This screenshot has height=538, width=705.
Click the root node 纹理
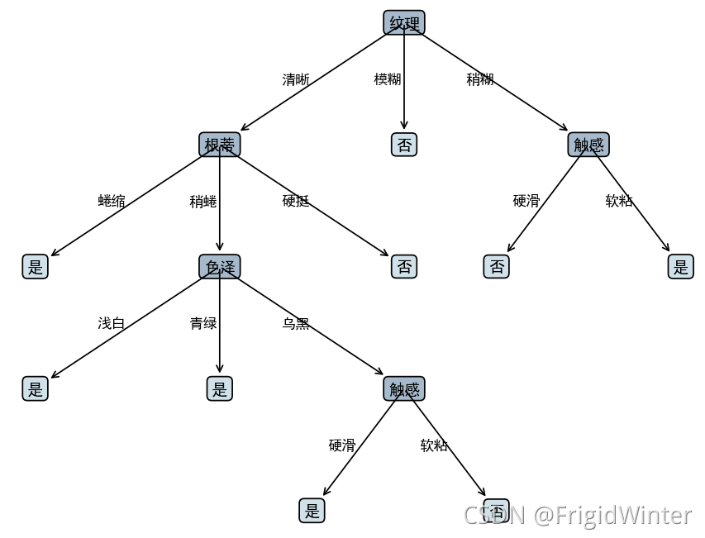(x=404, y=23)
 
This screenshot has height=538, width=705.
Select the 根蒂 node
(x=220, y=145)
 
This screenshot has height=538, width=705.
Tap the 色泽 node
(x=220, y=267)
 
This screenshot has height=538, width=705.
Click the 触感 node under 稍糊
(x=588, y=145)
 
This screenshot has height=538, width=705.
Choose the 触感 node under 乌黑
(x=404, y=389)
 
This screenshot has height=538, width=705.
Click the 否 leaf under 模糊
(x=404, y=145)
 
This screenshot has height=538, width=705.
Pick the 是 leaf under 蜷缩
(x=35, y=267)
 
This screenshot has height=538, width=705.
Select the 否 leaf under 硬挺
(x=404, y=267)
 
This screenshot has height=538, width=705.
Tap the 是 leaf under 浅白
(x=35, y=389)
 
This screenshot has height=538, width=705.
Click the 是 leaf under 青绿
(x=220, y=389)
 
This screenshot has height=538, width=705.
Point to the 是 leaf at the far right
(x=680, y=267)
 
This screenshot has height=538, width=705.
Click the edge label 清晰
(x=296, y=80)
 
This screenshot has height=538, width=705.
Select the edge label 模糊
(x=388, y=79)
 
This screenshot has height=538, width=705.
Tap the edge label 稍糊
(x=480, y=79)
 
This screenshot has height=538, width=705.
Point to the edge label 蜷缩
(x=112, y=201)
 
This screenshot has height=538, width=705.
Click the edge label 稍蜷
(x=203, y=202)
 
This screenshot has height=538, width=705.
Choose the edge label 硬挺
(x=296, y=201)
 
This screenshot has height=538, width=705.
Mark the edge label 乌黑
(x=296, y=324)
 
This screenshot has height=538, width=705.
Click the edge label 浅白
(x=112, y=323)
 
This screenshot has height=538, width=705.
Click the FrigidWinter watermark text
(x=612, y=516)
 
